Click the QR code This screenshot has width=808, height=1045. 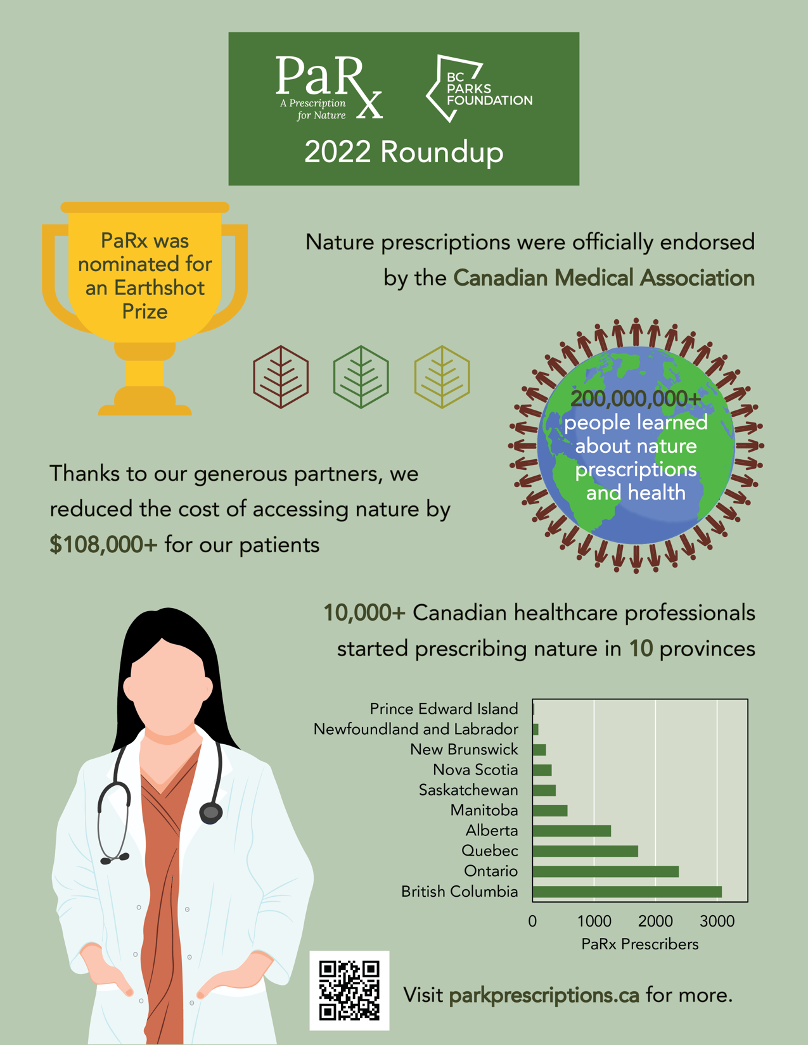point(349,990)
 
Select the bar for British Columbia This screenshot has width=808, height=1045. point(627,892)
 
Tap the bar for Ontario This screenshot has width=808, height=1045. point(605,871)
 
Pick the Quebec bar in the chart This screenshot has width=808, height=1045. point(585,851)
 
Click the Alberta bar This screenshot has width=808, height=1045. point(572,831)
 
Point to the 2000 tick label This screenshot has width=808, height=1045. point(655,921)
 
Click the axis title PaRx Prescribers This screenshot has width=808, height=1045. point(639,944)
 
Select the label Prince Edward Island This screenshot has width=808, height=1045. point(444,709)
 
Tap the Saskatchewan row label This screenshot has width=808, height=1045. point(468,790)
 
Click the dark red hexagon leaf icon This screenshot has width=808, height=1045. point(281,377)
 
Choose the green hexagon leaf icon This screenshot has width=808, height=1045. point(361,377)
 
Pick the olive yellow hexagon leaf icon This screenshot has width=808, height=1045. point(442,377)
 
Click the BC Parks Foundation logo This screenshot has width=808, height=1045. point(479,89)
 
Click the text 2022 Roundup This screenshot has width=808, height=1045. point(404,152)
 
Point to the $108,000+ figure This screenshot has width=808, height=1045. point(103,545)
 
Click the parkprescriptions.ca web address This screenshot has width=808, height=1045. point(544,995)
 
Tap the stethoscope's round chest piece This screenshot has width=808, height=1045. point(210,812)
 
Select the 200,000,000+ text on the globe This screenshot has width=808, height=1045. point(636,398)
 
